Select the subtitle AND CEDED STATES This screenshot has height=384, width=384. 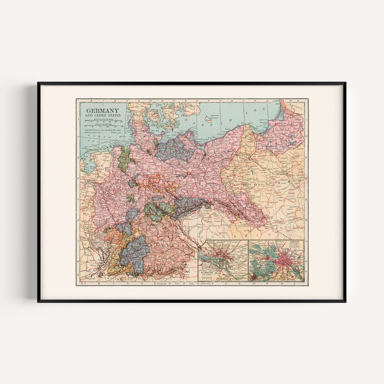[x=102, y=116]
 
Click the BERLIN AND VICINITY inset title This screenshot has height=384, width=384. [x=295, y=243]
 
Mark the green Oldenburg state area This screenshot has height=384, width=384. [x=124, y=156]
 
